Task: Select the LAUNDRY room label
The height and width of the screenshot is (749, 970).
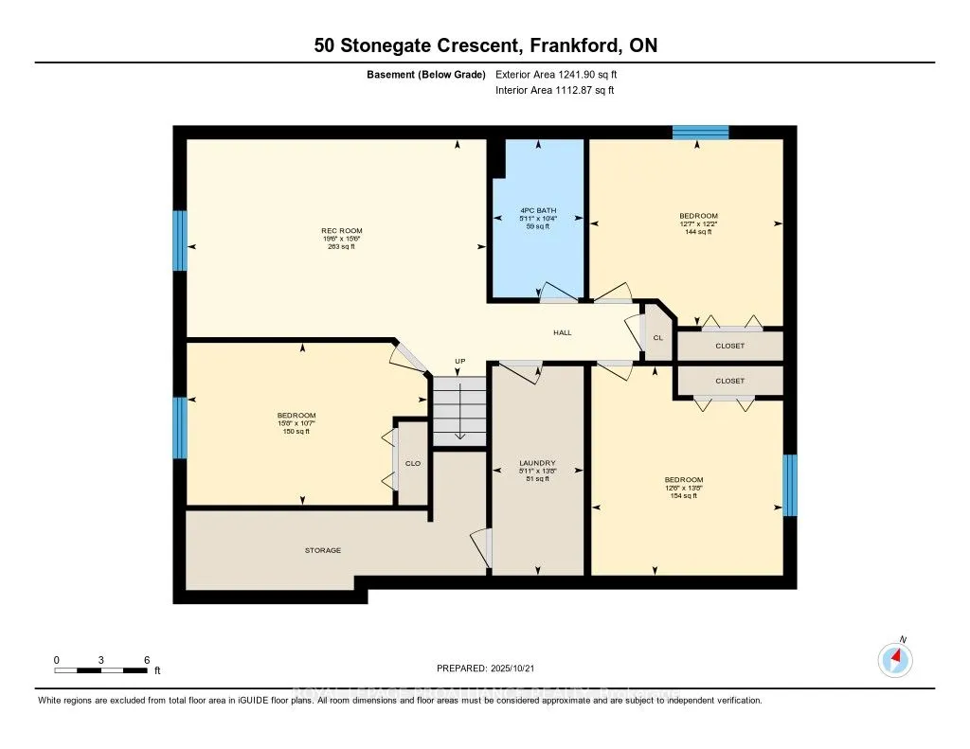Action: [x=537, y=463]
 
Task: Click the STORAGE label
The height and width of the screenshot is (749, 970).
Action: [x=322, y=550]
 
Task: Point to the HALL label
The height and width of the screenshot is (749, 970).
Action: [x=563, y=332]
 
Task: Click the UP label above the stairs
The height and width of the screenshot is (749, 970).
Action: [x=460, y=362]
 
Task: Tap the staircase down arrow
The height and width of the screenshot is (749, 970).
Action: [x=459, y=417]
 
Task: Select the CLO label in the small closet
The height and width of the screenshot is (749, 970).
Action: [x=412, y=463]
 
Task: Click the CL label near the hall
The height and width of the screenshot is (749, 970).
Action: [x=657, y=337]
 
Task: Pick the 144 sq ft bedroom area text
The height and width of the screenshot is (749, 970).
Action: [x=698, y=231]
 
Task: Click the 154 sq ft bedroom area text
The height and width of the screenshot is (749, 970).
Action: [x=683, y=495]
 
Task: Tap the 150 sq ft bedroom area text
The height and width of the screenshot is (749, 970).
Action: [x=296, y=431]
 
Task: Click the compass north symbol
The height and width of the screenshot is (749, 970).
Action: [x=895, y=658]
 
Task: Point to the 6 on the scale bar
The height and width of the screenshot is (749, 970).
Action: [x=146, y=659]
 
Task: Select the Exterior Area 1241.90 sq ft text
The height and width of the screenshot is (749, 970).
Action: [x=562, y=74]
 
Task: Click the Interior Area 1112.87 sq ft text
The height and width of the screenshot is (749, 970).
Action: [x=554, y=91]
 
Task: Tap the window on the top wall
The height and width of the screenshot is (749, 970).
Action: [x=700, y=133]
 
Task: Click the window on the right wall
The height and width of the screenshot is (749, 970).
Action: [x=790, y=485]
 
